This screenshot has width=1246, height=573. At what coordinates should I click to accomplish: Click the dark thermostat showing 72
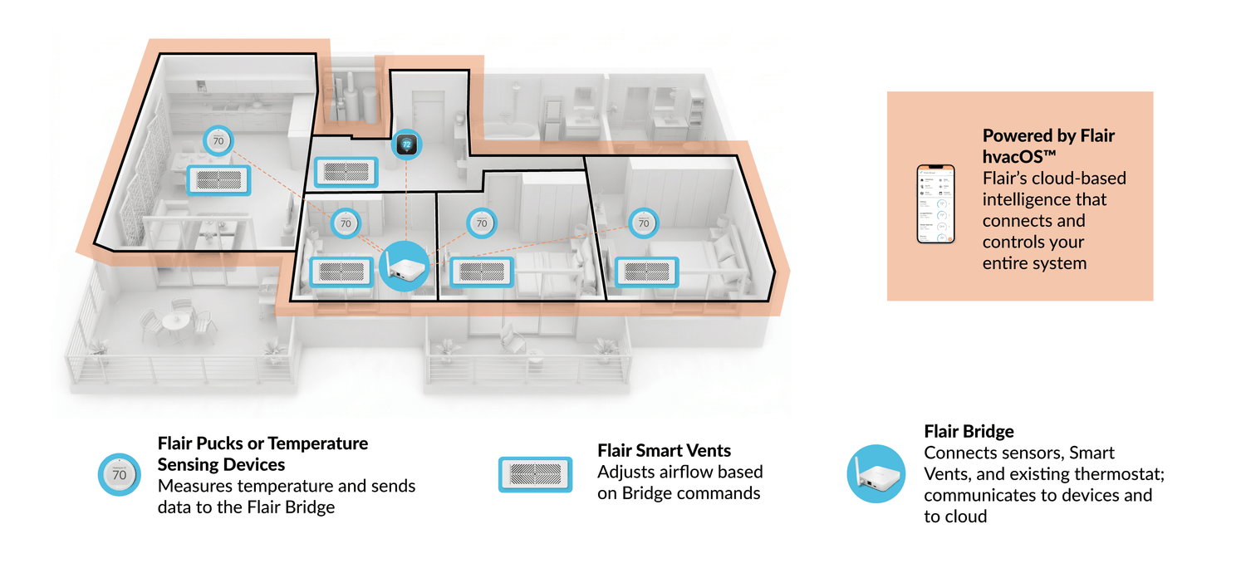pos(407,144)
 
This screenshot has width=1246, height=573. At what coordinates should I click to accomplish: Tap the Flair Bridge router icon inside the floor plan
pos(405,266)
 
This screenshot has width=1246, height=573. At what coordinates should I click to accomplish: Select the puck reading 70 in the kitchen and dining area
pos(218,141)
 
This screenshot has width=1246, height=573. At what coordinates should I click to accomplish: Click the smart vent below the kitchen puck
pos(218,179)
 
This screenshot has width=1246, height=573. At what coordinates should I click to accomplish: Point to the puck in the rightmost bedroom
pos(643,223)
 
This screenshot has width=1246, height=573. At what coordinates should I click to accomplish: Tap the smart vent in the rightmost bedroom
pos(647,272)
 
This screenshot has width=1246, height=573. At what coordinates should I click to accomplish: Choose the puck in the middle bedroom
pos(482,223)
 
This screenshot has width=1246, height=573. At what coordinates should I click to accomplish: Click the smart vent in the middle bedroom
pos(482,272)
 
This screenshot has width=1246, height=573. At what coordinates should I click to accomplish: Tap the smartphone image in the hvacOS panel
pos(936,204)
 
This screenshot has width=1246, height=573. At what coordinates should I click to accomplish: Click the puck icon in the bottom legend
pos(120,475)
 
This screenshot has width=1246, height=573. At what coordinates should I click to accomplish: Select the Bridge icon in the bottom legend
pos(876,474)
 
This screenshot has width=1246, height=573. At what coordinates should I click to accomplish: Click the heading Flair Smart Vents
pos(664,451)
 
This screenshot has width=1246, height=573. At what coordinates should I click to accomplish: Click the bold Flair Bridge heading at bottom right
pos(969,432)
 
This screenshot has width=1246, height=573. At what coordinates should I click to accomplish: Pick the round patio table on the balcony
pos(176,321)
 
